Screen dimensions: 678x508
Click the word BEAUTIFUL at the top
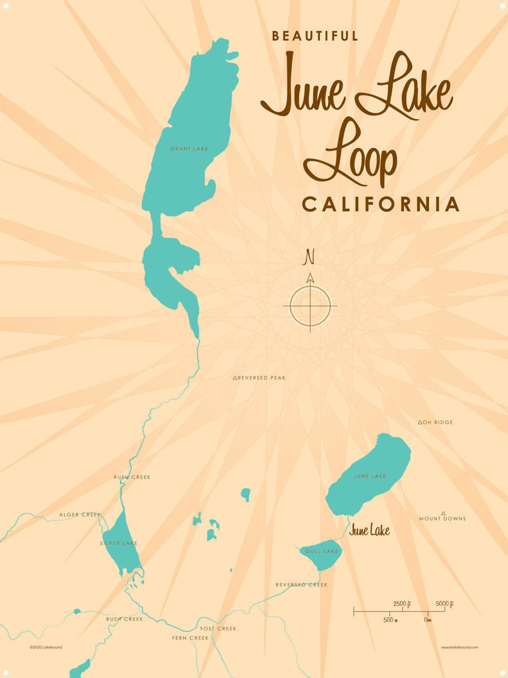point(315,36)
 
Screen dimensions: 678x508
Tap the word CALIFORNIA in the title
point(381,205)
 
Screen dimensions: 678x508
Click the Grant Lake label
point(189,149)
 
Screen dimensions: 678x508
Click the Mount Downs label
point(442,519)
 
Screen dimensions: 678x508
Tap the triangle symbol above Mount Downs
point(443,513)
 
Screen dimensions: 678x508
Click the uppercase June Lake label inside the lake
point(370,476)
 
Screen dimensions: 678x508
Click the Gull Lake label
point(322,551)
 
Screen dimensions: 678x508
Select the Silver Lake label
point(119,543)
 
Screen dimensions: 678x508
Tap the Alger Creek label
point(80,515)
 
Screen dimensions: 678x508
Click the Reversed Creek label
point(301,585)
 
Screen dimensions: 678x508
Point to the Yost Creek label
point(218,629)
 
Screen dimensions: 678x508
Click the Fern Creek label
point(190,638)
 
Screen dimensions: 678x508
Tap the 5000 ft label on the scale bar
point(444,604)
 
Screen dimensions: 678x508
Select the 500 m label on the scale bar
point(390,620)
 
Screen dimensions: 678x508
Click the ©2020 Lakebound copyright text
point(46,647)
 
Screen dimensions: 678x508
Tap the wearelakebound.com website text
point(459,647)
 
